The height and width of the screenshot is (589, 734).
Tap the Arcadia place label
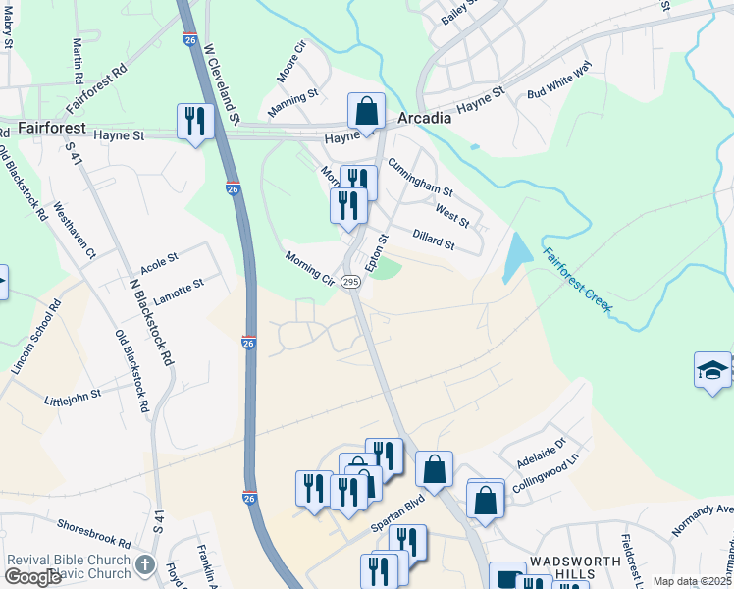pyautogui.click(x=424, y=118)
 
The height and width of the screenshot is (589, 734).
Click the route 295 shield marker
pyautogui.click(x=352, y=282)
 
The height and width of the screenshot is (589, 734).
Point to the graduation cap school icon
pyautogui.click(x=712, y=370)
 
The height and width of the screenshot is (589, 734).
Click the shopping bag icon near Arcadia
pyautogui.click(x=366, y=111)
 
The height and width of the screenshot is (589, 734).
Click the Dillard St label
pyautogui.click(x=434, y=239)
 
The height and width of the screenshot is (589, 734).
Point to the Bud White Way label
pyautogui.click(x=560, y=81)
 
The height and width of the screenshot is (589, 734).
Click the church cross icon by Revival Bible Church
pyautogui.click(x=145, y=564)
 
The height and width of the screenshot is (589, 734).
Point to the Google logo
pyautogui.click(x=33, y=577)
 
